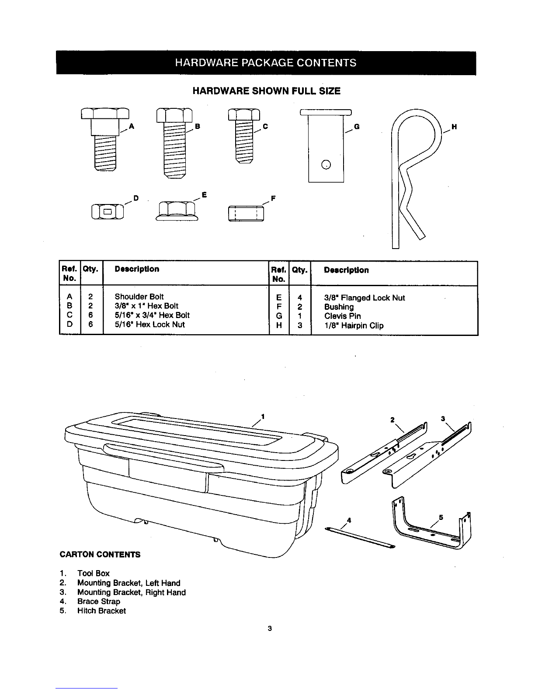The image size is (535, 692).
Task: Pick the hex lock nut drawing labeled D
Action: click(x=108, y=213)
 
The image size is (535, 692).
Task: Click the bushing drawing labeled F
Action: click(x=246, y=214)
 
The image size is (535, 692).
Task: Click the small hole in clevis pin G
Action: click(x=326, y=165)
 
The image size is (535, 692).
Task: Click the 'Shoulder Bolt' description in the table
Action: click(x=139, y=297)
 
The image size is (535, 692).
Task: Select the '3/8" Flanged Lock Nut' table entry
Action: click(x=365, y=298)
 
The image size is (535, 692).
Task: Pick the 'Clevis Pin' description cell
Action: click(x=342, y=316)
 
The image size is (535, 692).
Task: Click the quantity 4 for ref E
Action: click(x=299, y=298)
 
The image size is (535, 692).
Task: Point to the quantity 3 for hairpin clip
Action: click(x=299, y=325)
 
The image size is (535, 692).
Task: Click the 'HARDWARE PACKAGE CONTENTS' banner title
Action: click(x=266, y=63)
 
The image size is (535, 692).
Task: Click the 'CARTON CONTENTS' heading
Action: click(x=100, y=554)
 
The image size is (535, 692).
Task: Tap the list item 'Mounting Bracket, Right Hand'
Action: click(x=131, y=592)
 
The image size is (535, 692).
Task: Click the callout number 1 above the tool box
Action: click(x=263, y=415)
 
